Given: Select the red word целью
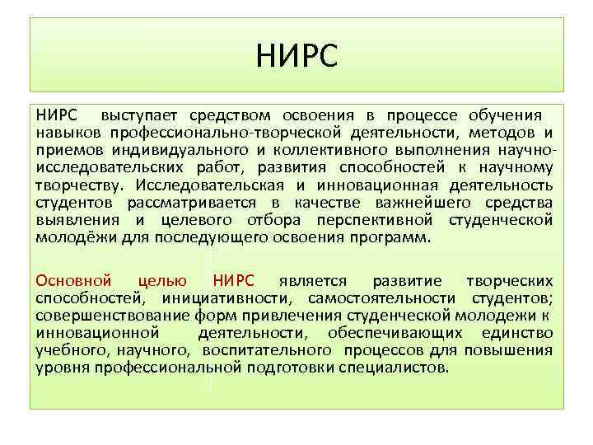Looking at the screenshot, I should pos(163,280).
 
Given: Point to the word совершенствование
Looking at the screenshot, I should pos(114,315).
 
